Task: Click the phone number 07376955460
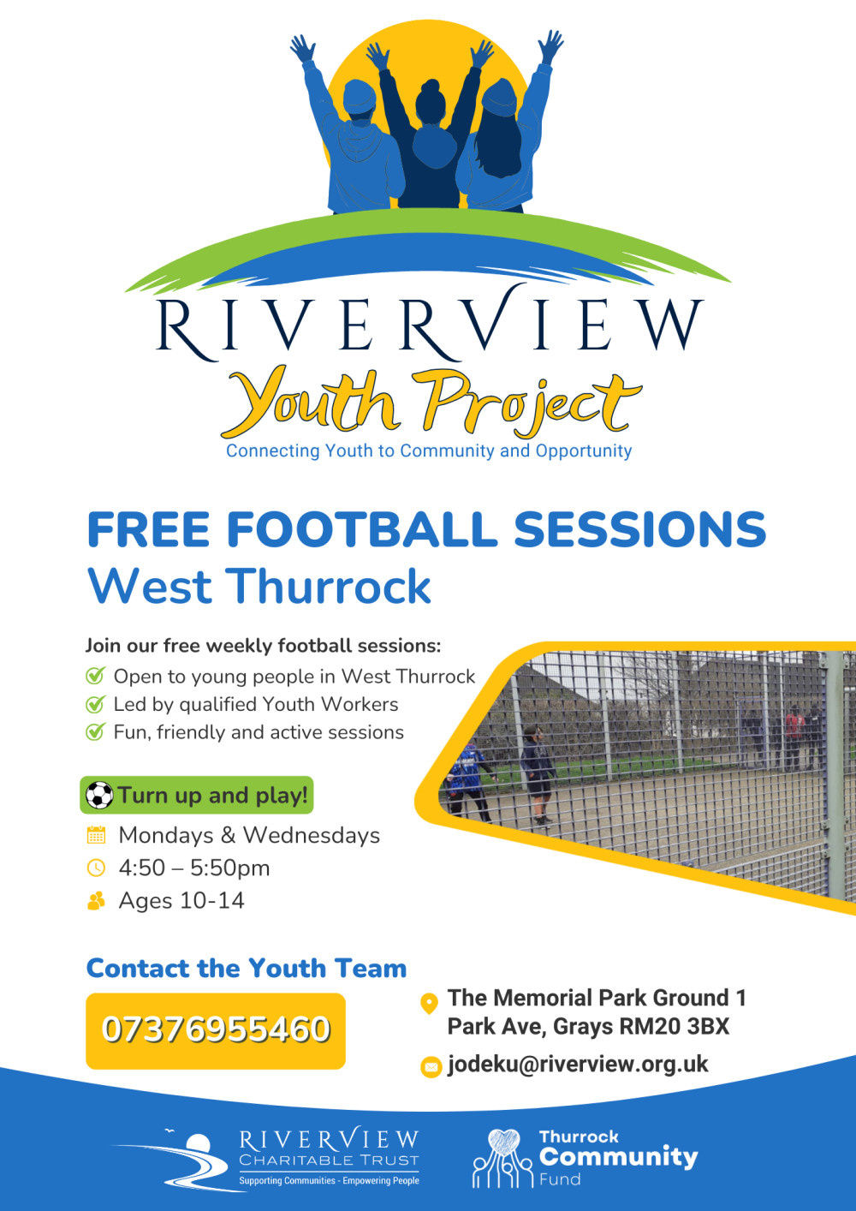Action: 216,1029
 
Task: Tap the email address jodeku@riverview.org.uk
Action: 578,1065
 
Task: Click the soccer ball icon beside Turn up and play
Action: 99,796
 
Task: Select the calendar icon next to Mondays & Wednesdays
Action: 96,835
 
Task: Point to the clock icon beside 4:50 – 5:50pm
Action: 96,868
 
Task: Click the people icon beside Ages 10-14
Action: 96,901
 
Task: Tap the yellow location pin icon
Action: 430,1003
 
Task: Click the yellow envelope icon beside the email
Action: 431,1066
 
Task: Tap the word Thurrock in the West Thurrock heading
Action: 328,587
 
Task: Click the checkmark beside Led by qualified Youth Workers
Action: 95,705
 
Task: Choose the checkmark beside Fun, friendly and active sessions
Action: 95,732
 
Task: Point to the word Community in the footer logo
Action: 619,1157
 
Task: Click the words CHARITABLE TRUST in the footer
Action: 329,1160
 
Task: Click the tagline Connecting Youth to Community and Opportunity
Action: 429,451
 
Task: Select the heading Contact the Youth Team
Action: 247,969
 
